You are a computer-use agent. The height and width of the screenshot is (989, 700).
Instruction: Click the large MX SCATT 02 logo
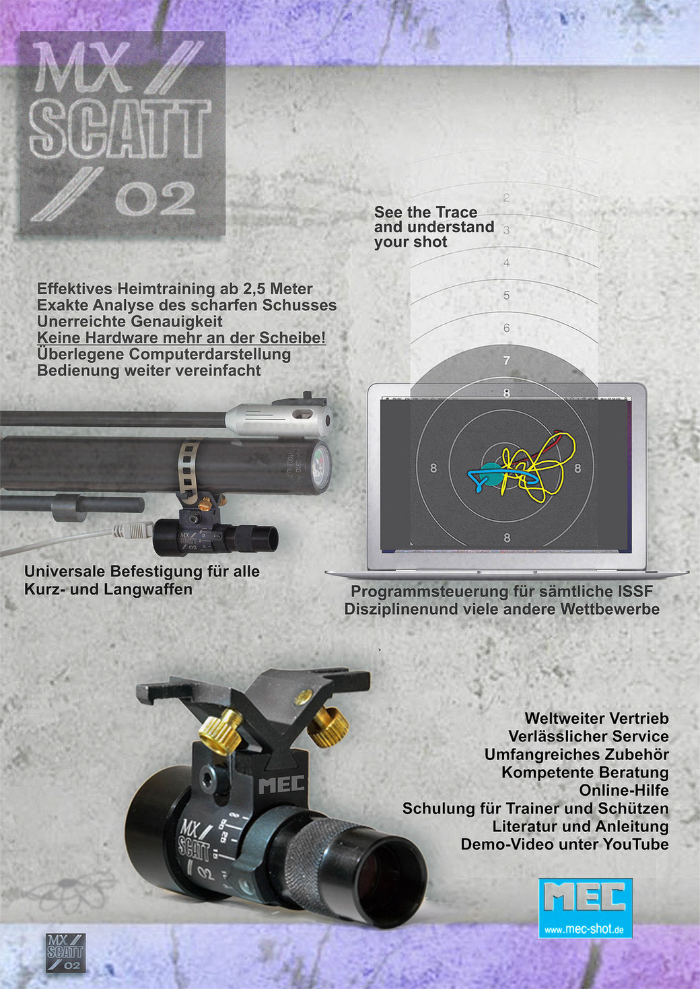(122, 133)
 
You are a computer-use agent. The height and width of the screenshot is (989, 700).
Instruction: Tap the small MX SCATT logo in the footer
(65, 952)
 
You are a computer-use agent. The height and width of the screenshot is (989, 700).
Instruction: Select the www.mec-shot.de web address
(586, 930)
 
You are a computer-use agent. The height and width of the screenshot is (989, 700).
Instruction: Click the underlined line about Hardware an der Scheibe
(181, 338)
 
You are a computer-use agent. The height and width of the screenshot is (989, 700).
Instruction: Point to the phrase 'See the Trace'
(425, 212)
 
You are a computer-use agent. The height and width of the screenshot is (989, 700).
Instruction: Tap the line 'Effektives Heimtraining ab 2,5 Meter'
(175, 289)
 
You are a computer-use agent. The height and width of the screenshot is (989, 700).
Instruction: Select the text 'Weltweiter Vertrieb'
(596, 718)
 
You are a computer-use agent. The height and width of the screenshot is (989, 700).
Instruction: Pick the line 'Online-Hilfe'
(624, 790)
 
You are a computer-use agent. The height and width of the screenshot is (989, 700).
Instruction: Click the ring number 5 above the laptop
(506, 296)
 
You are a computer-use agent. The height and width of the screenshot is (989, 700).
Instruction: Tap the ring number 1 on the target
(507, 166)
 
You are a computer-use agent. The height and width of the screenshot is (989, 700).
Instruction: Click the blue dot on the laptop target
(491, 474)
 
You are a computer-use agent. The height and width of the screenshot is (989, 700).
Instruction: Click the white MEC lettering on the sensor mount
(281, 784)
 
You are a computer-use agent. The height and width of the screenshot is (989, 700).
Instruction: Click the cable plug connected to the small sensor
(131, 531)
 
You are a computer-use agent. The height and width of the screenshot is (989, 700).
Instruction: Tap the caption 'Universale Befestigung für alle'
(142, 572)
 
